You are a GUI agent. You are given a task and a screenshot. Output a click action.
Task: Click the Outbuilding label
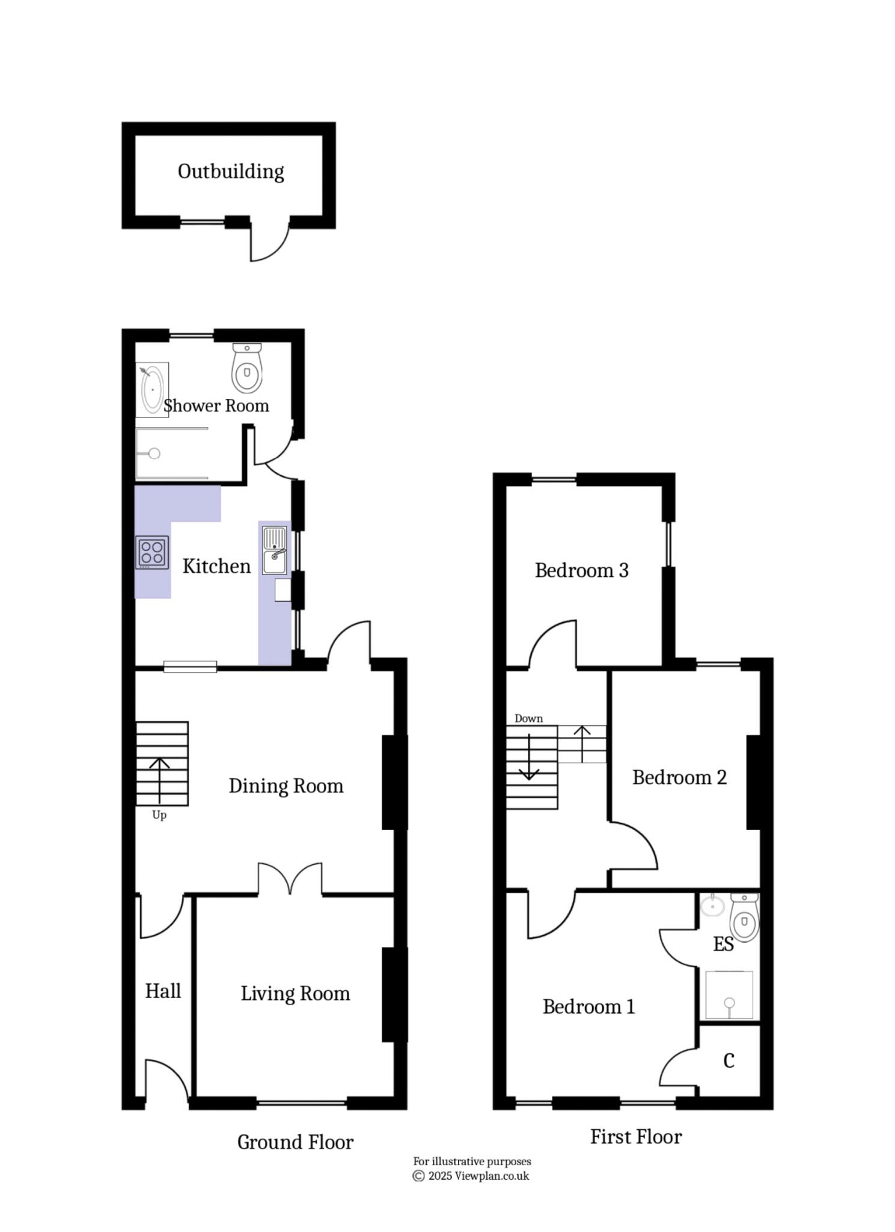click(230, 171)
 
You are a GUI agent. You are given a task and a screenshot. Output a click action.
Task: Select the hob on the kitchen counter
click(151, 552)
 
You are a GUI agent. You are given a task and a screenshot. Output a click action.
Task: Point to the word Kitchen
click(216, 566)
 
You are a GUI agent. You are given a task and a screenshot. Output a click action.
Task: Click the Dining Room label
click(286, 786)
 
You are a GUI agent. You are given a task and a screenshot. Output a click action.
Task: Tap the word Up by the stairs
click(159, 815)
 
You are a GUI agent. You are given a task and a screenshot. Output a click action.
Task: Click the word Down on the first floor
click(528, 718)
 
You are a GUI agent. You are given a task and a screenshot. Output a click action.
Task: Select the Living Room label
click(295, 993)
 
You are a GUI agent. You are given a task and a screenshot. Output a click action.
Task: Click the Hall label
click(163, 991)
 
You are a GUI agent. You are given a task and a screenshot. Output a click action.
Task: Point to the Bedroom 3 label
click(581, 570)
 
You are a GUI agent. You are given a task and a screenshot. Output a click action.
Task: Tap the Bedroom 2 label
click(679, 777)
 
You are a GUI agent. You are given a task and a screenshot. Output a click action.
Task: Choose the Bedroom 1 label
click(588, 1006)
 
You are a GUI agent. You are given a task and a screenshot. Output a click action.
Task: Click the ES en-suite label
click(723, 944)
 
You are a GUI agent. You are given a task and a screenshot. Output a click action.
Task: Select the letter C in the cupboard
click(729, 1061)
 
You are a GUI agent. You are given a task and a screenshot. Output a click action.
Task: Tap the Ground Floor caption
click(295, 1142)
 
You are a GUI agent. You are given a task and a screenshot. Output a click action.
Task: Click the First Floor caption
click(635, 1136)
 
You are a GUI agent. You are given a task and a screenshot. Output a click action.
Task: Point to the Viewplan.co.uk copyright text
click(471, 1175)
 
